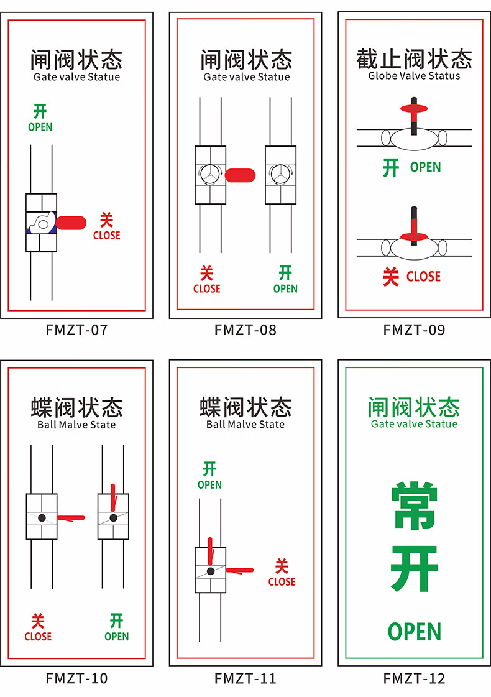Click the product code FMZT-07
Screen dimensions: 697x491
point(76,330)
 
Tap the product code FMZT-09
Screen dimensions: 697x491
point(414,330)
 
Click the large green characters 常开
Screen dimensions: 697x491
point(414,538)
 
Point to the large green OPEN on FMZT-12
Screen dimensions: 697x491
point(414,632)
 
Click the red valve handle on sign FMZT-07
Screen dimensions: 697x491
point(71,222)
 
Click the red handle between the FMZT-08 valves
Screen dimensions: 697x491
point(239,175)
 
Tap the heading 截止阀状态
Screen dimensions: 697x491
point(414,59)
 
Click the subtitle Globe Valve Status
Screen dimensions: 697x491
point(414,76)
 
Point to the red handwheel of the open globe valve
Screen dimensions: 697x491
point(414,109)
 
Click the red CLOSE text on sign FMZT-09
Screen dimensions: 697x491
point(423,277)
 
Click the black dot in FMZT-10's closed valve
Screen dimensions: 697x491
point(42,517)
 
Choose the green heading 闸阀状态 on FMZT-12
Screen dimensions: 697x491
point(414,407)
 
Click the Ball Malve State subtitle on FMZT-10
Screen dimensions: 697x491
point(76,425)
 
